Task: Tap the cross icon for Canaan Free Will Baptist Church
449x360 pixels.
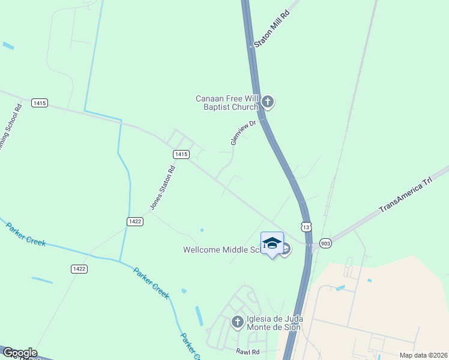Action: (268, 103)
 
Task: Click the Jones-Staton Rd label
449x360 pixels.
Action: (162, 188)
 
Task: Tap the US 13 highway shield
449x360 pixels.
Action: (307, 227)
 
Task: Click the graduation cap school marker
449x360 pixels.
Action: (272, 242)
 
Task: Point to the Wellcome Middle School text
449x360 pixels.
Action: (222, 250)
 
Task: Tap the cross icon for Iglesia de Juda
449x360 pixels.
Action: (237, 322)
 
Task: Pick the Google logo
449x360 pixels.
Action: (20, 353)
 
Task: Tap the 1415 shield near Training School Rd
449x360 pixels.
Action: (40, 103)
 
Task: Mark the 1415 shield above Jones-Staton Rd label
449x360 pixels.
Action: (181, 154)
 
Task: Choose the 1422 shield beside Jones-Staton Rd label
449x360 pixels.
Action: (134, 221)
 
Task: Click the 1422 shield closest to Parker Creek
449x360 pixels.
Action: (79, 268)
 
